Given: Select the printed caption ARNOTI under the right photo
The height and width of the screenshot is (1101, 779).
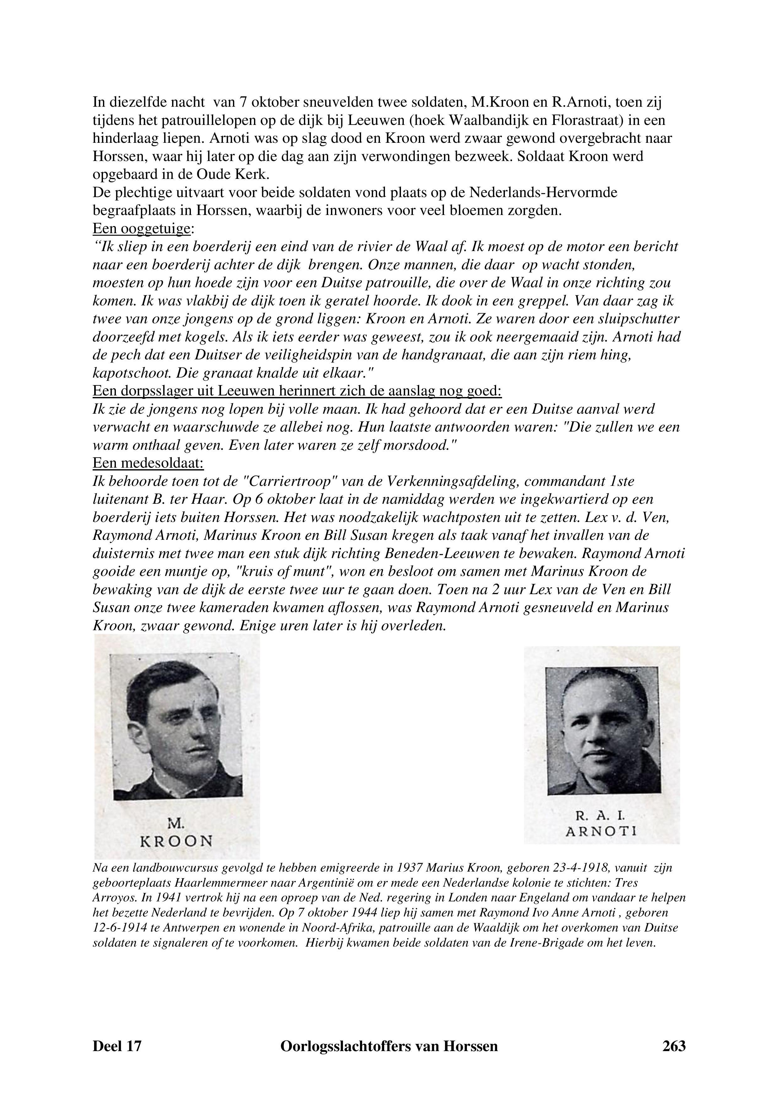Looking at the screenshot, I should (601, 831).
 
